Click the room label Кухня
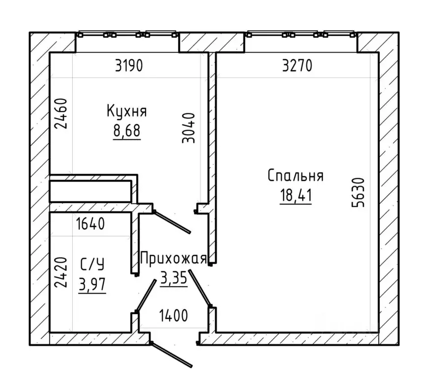(127, 111)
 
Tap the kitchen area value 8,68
(127, 131)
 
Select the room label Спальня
(295, 176)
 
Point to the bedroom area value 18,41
(296, 195)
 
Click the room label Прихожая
(173, 259)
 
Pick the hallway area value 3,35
(174, 278)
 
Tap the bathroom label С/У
(92, 265)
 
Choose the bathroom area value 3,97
(92, 284)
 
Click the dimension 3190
(129, 66)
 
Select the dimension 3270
(297, 66)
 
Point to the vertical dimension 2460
(60, 113)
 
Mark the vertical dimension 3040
(189, 128)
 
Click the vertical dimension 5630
(358, 192)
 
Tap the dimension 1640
(90, 224)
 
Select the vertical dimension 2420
(60, 272)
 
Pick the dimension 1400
(173, 316)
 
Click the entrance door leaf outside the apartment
(172, 355)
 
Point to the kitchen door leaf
(172, 222)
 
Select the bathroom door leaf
(146, 295)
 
